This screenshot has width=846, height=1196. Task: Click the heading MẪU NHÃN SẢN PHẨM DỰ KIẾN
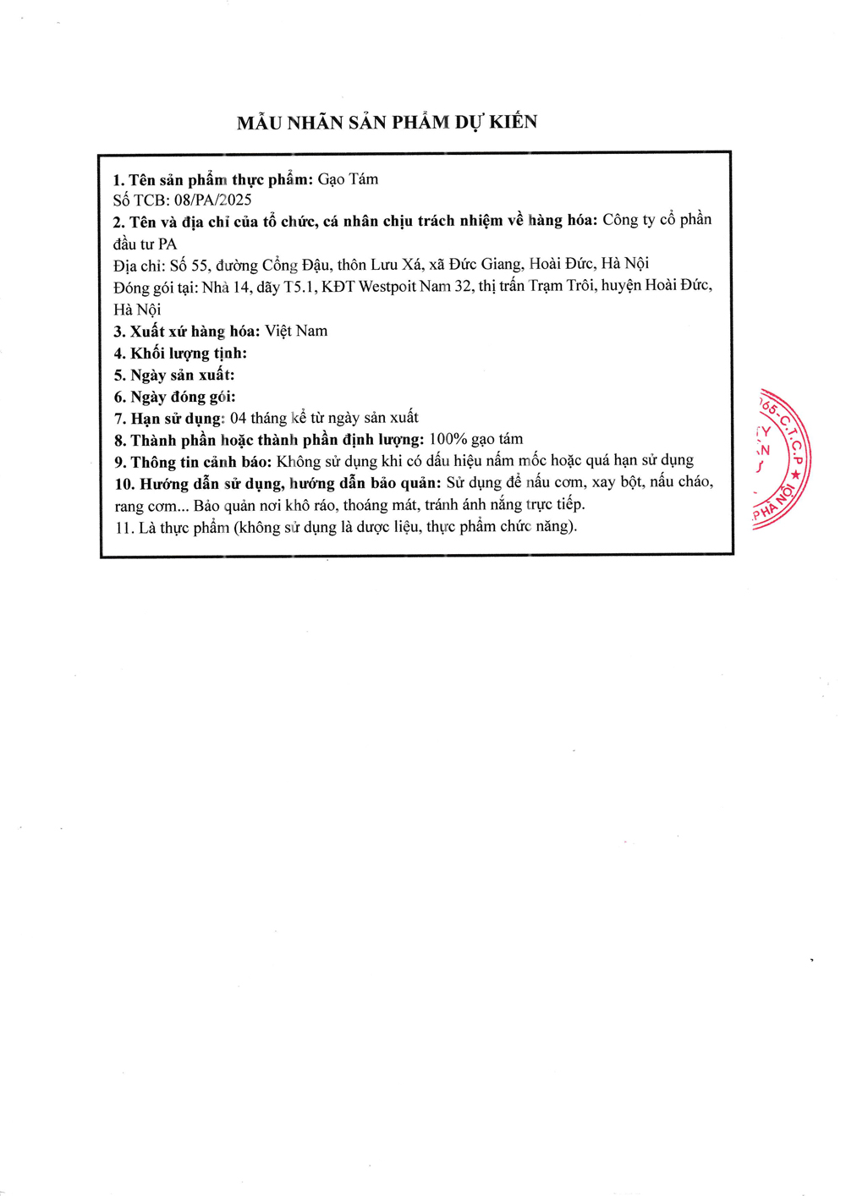click(387, 123)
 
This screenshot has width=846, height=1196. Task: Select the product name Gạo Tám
click(348, 179)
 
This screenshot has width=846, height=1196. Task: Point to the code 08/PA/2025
click(212, 200)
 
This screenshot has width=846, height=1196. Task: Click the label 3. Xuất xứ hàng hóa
click(187, 332)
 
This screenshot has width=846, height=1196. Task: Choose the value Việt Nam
click(296, 331)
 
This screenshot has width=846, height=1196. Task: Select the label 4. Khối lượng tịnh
click(180, 354)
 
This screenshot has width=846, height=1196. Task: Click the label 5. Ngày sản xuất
click(174, 376)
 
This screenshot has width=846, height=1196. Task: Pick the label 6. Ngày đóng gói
click(174, 397)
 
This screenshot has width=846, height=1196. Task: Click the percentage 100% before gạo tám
click(448, 439)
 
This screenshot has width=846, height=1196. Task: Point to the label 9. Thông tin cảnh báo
click(193, 462)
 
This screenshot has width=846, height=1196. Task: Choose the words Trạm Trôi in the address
click(558, 286)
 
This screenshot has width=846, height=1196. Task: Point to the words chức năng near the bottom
click(541, 526)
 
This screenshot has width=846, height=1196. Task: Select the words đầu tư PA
click(145, 244)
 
